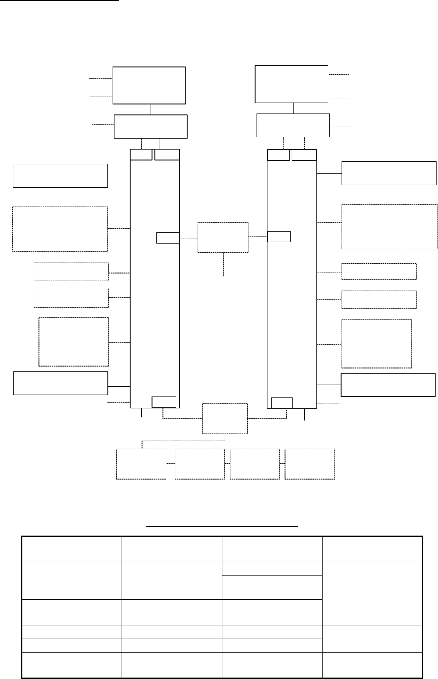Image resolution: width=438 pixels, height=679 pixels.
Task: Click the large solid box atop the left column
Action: (149, 85)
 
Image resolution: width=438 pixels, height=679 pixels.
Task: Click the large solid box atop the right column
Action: (292, 84)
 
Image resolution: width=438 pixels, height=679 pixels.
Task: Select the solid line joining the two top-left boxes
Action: (151, 109)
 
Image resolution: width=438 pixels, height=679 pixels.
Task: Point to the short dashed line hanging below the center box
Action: (223, 264)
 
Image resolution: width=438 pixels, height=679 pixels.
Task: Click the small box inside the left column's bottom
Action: (164, 402)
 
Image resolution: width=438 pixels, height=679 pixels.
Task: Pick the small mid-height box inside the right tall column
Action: (279, 236)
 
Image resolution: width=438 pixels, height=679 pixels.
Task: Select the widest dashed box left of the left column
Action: (60, 228)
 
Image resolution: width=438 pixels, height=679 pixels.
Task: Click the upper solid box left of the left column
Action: (60, 176)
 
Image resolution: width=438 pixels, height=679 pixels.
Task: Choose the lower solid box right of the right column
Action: (388, 385)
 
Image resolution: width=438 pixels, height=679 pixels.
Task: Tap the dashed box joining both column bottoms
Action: (225, 418)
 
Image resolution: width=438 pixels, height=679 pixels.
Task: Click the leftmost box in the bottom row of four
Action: (141, 464)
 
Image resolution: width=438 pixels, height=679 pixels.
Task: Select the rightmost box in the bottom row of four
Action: (310, 464)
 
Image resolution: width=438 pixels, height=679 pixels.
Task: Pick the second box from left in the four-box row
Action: (200, 464)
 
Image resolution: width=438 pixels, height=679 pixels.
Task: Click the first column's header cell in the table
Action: (71, 549)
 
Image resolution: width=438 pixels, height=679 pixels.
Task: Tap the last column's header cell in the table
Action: (372, 549)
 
